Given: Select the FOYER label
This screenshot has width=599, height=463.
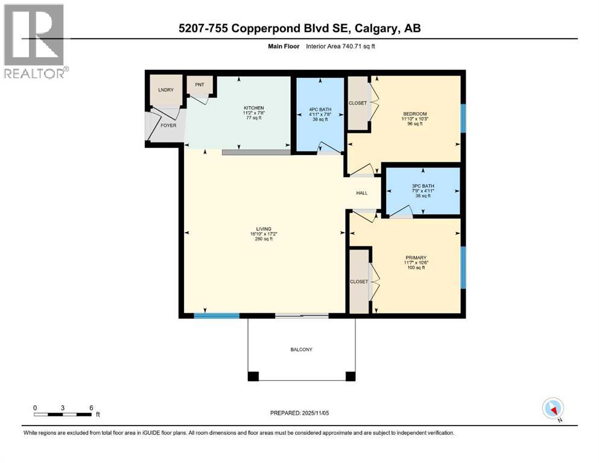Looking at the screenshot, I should (x=168, y=125).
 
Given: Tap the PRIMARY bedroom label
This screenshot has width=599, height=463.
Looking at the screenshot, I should (x=415, y=257).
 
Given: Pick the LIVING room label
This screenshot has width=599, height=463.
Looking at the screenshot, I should (x=264, y=229).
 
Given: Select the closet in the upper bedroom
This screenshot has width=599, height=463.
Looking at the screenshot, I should (x=358, y=103).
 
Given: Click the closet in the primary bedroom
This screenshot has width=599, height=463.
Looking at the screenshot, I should (x=359, y=282).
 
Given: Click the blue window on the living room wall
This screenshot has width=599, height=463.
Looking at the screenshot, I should (x=217, y=315).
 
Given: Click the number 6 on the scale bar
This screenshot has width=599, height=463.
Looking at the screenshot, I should (x=90, y=408).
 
